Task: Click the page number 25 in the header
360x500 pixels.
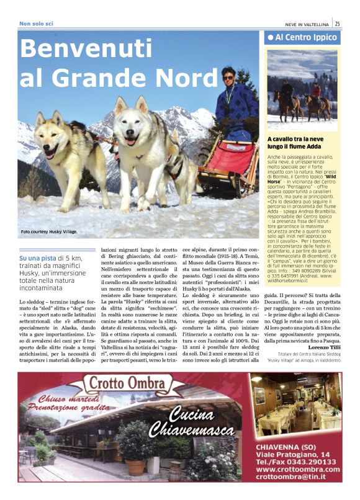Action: pyautogui.click(x=337, y=24)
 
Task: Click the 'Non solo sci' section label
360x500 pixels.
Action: pyautogui.click(x=36, y=24)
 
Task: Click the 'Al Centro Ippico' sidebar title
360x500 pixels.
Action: pyautogui.click(x=304, y=38)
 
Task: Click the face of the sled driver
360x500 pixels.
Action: pyautogui.click(x=228, y=78)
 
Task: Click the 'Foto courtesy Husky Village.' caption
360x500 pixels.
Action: pyautogui.click(x=49, y=232)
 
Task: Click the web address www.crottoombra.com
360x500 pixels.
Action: pyautogui.click(x=298, y=469)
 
